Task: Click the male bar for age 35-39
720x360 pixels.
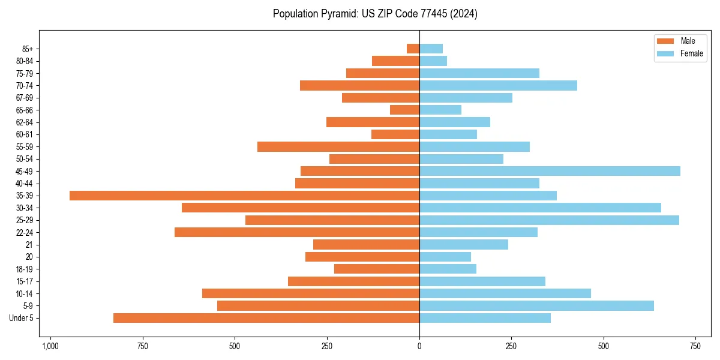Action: [x=244, y=196]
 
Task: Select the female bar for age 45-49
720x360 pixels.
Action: [x=550, y=171]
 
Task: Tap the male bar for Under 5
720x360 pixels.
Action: [x=266, y=318]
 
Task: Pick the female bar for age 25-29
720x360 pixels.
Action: [x=549, y=220]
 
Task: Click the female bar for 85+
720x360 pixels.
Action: [x=431, y=49]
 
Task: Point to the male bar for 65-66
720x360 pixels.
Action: [x=404, y=110]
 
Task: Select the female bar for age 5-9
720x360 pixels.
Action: [x=536, y=306]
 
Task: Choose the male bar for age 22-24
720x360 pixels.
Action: [x=297, y=232]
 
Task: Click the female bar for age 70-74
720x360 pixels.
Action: [x=498, y=85]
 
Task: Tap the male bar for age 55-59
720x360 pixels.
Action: [x=338, y=146]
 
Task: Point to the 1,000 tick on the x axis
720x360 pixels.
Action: [x=50, y=346]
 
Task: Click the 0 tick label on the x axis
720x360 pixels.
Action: [x=419, y=346]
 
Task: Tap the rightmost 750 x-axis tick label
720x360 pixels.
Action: [x=695, y=346]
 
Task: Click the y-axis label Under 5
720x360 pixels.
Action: [x=22, y=318]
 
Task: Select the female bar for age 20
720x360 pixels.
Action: [x=445, y=257]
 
